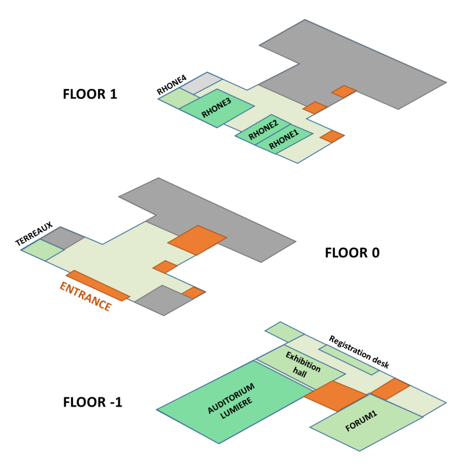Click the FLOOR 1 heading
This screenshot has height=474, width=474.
click(90, 94)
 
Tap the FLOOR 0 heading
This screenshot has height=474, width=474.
click(352, 253)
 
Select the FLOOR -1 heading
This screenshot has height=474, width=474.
click(93, 402)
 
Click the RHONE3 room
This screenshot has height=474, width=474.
click(217, 108)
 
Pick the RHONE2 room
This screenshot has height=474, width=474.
click(262, 130)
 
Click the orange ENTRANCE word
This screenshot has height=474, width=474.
click(86, 297)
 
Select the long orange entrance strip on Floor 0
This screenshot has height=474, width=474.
click(97, 285)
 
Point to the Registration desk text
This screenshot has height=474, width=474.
click(359, 352)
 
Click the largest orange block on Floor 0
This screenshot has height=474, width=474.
click(197, 240)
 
